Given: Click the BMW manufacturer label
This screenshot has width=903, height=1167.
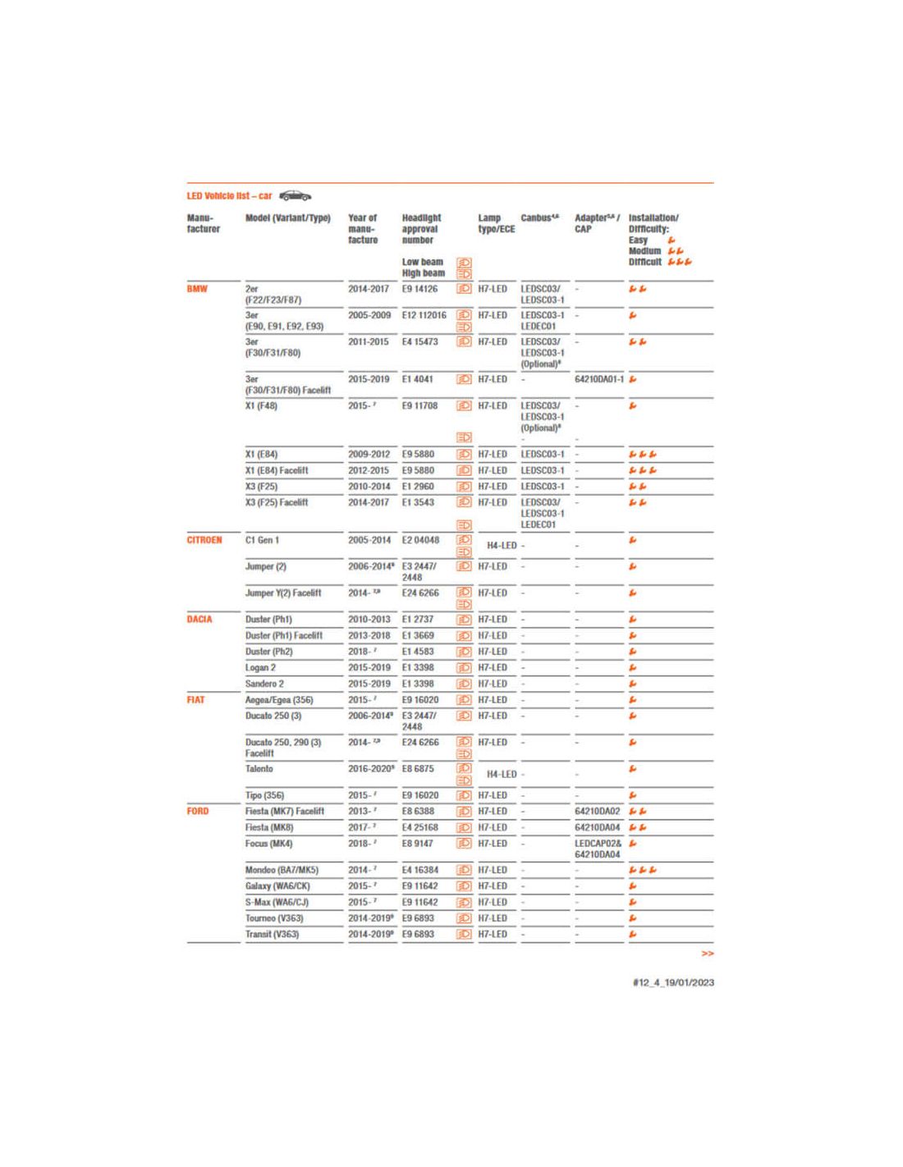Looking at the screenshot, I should (197, 289).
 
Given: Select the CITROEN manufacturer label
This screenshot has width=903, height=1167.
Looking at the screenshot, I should (204, 540).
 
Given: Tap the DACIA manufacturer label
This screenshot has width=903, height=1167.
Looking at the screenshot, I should (199, 620).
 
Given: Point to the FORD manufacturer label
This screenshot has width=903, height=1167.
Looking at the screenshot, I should (198, 811).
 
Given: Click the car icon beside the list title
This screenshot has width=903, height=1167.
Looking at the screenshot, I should (296, 196).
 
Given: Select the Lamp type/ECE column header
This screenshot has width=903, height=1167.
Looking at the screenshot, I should (496, 223).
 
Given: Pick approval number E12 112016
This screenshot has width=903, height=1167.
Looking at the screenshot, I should (424, 315).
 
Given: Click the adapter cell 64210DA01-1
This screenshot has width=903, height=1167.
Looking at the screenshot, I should (598, 379).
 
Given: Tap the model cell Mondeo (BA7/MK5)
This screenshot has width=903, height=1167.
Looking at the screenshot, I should (282, 870).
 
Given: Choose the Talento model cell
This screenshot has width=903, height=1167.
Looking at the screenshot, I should (259, 769).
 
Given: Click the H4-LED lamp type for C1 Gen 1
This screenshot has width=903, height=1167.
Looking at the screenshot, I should (501, 546).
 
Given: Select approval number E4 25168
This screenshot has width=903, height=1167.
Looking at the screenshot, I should (419, 827).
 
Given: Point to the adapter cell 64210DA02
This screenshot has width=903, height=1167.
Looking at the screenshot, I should (597, 811).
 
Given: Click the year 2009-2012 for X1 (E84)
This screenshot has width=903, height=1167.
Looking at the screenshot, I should (369, 454).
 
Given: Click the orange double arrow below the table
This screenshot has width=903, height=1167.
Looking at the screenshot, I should (707, 954).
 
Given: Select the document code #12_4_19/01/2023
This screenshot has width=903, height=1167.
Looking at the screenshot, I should (673, 982).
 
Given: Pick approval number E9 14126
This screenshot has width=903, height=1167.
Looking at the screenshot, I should (419, 289).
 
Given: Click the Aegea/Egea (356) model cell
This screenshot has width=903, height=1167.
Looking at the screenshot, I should (279, 700).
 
